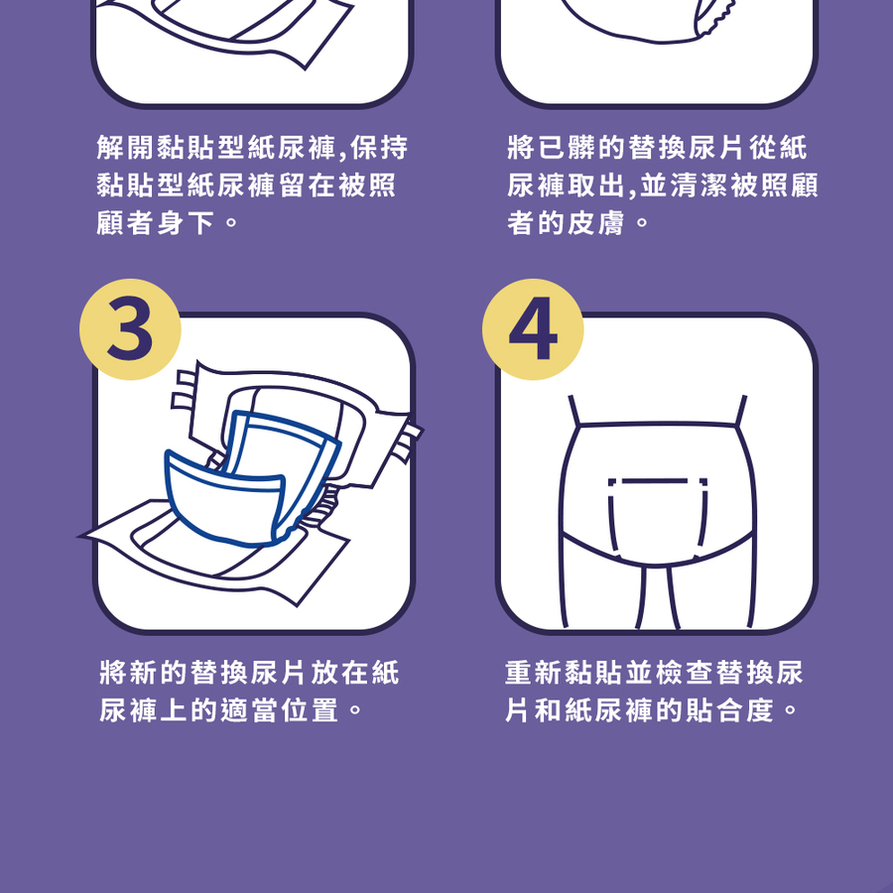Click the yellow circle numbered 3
(x=130, y=329)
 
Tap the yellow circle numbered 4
(x=533, y=329)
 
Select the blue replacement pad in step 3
(x=252, y=478)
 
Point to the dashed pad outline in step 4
(x=659, y=519)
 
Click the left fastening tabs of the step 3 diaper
(x=184, y=391)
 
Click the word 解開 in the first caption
(x=125, y=148)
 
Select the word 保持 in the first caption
(x=380, y=148)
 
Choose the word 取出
(x=595, y=186)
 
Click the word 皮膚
(x=595, y=222)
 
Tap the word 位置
(x=310, y=710)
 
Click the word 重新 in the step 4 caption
(x=534, y=673)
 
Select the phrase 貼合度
(x=730, y=710)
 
